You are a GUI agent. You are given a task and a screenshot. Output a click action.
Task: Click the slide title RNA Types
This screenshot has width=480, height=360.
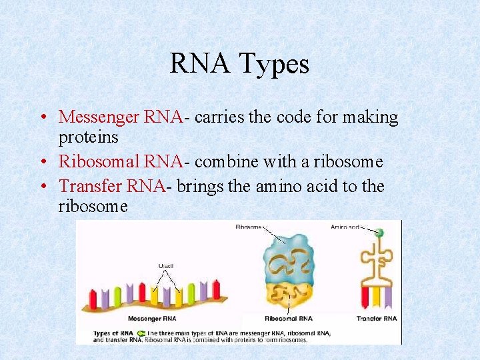[239, 64]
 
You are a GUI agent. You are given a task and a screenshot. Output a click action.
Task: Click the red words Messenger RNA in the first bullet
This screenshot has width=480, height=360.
[121, 117]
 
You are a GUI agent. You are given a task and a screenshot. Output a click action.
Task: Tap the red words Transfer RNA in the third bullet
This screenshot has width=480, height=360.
[111, 186]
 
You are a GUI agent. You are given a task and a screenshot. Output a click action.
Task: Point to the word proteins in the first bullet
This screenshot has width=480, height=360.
[88, 137]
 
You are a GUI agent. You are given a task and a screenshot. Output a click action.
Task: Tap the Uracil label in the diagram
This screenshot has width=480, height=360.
[166, 266]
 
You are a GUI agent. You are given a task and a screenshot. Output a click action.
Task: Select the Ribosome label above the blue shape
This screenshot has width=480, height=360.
[249, 227]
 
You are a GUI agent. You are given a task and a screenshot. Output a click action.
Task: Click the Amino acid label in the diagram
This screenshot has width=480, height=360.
[344, 227]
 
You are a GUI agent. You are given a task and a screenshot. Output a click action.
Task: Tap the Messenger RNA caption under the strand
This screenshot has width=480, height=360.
[152, 319]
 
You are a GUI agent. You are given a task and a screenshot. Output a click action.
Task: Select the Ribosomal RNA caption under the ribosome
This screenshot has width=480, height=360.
[288, 319]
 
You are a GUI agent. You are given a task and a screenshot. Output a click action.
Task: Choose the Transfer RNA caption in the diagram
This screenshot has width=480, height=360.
[377, 319]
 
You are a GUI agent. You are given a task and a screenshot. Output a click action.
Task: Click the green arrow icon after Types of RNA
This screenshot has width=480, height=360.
[141, 332]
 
